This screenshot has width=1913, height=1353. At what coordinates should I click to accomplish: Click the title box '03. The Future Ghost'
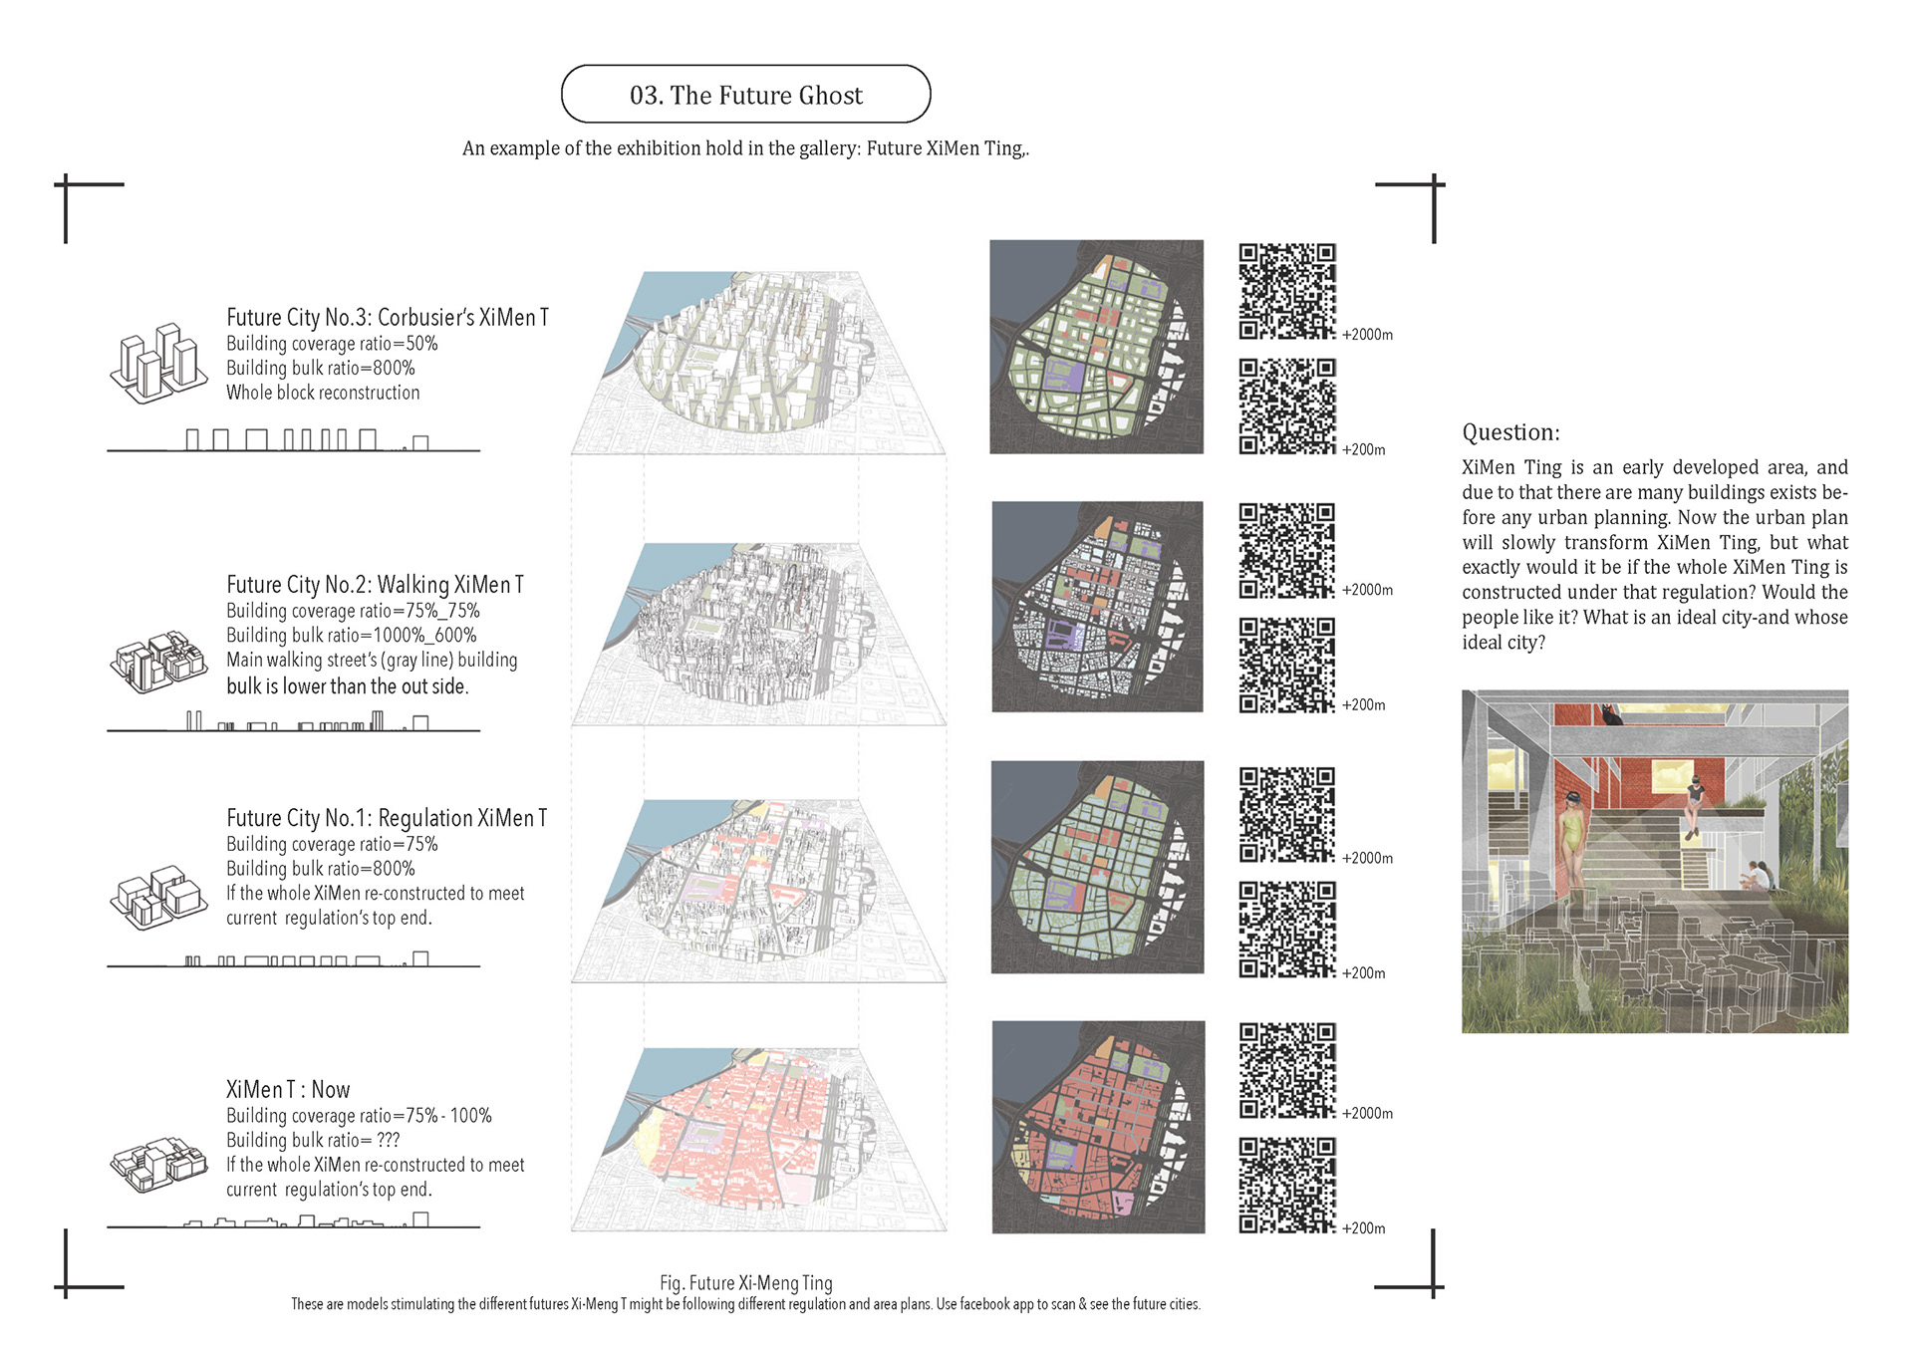745,95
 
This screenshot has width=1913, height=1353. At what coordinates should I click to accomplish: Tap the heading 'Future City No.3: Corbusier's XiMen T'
388,317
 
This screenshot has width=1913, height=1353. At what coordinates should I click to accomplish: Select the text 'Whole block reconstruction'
323,393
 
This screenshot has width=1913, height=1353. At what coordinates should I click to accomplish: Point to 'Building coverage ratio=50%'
332,344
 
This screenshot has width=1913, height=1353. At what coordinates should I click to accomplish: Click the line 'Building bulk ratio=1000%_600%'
352,635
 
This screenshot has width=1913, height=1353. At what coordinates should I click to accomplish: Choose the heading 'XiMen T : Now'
288,1089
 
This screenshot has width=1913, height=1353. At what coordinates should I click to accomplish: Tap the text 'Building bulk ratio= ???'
313,1140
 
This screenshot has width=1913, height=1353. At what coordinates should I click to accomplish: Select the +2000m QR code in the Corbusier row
1286,291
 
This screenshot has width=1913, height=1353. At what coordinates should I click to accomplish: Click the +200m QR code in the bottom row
1286,1186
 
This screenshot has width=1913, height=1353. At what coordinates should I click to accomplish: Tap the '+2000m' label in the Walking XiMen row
1367,590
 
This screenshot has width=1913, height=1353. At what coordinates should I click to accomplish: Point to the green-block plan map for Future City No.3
1096,347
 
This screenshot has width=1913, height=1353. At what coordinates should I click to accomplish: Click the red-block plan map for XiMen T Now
1098,1127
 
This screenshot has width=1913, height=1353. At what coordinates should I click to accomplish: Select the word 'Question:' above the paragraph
1510,432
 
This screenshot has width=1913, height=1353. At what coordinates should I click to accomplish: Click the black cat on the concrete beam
1610,714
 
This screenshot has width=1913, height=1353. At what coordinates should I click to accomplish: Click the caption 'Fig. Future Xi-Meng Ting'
745,1283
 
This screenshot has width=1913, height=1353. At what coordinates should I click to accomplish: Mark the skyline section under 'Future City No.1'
294,959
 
